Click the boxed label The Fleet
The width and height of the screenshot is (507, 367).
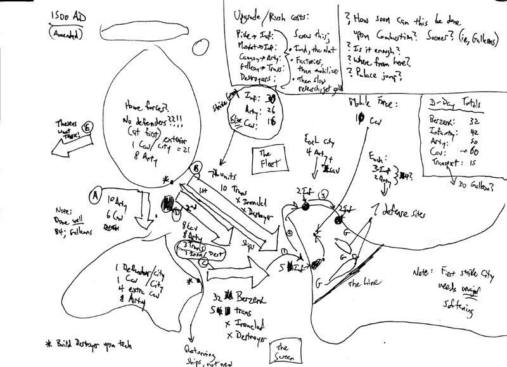click(264, 158)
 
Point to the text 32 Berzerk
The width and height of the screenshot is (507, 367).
click(233, 297)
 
